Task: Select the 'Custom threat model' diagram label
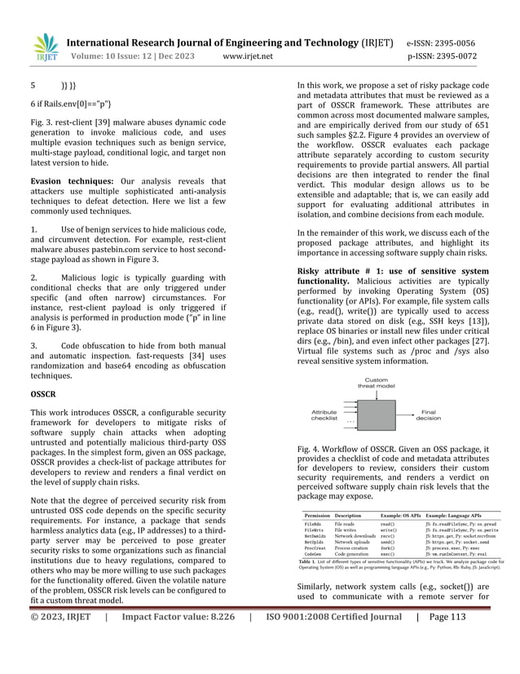pos(376,383)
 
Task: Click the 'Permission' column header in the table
pos(317,516)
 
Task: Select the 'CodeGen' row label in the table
pos(315,576)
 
